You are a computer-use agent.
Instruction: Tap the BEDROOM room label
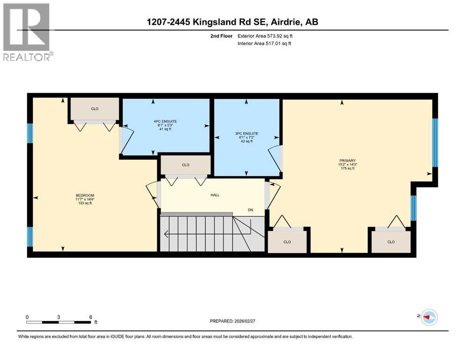click(85, 195)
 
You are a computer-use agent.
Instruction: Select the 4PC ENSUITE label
click(164, 121)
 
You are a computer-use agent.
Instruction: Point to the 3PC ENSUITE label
click(246, 134)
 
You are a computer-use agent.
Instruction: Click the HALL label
click(215, 195)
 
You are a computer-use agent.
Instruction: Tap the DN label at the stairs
click(251, 210)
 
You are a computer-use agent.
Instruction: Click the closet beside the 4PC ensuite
click(95, 109)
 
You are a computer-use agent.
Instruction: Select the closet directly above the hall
click(185, 165)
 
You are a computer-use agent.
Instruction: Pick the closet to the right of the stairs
click(287, 242)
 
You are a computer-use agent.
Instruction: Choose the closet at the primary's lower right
click(391, 242)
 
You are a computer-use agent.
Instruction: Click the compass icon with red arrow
click(428, 317)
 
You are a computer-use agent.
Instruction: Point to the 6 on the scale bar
click(90, 317)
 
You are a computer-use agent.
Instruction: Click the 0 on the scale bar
click(27, 317)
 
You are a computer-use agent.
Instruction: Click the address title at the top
click(232, 22)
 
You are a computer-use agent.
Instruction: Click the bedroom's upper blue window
click(30, 133)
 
